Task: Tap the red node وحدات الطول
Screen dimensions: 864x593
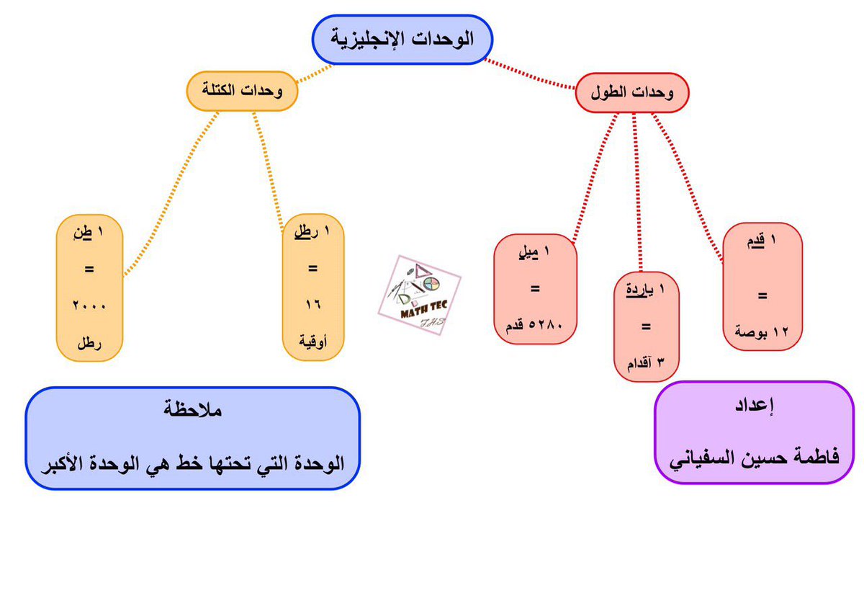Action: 633,94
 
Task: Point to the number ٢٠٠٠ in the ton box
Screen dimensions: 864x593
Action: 89,306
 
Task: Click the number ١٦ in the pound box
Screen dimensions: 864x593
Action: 312,306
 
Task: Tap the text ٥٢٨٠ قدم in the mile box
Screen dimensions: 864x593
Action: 535,328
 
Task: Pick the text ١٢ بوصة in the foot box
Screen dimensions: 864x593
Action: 762,332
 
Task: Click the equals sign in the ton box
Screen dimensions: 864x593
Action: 89,269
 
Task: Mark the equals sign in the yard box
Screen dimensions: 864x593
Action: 644,326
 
